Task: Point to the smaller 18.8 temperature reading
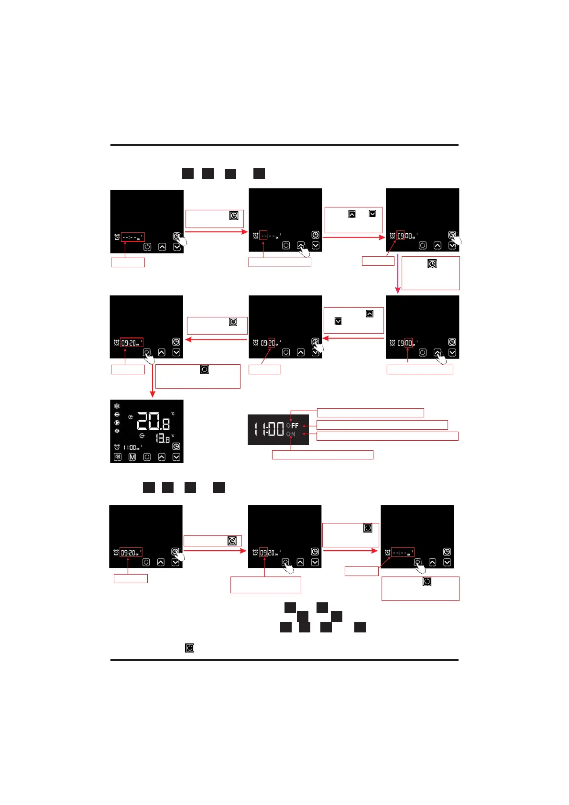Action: click(163, 437)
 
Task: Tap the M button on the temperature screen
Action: click(132, 457)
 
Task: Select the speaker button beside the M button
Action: click(118, 457)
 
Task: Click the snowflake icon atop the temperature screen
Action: click(117, 406)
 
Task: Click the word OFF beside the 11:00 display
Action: click(293, 425)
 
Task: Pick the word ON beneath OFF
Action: click(291, 434)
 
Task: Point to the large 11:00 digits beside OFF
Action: click(269, 429)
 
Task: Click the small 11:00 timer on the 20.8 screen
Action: click(130, 447)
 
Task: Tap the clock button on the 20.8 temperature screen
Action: click(176, 446)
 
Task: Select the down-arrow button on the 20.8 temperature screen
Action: click(176, 457)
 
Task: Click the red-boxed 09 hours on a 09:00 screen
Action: click(401, 236)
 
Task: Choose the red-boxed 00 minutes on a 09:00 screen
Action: click(408, 343)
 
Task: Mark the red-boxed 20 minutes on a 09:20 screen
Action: click(271, 343)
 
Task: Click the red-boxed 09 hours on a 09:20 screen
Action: click(263, 553)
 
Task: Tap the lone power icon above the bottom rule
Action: click(190, 648)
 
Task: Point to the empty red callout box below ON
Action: click(322, 455)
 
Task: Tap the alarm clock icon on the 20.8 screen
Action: click(117, 447)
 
